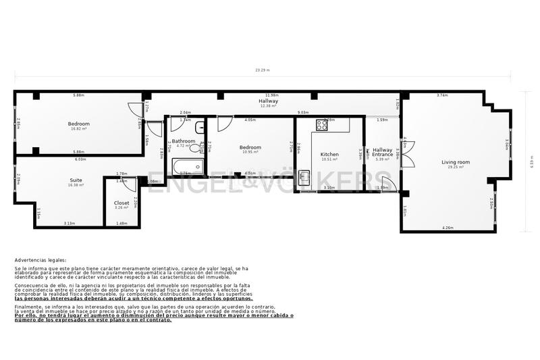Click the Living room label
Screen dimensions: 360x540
pos(456,162)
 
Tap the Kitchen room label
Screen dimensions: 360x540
pos(329,154)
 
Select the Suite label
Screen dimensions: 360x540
pos(76,180)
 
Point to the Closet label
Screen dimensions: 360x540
pos(122,202)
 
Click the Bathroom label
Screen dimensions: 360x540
pos(183,140)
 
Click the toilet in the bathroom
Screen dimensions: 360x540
pos(202,148)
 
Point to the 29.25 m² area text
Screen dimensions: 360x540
pos(456,167)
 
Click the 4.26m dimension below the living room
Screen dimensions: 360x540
pos(447,228)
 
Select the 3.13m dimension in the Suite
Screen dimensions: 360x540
pos(69,223)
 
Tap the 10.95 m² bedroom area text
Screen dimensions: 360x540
pos(250,152)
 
